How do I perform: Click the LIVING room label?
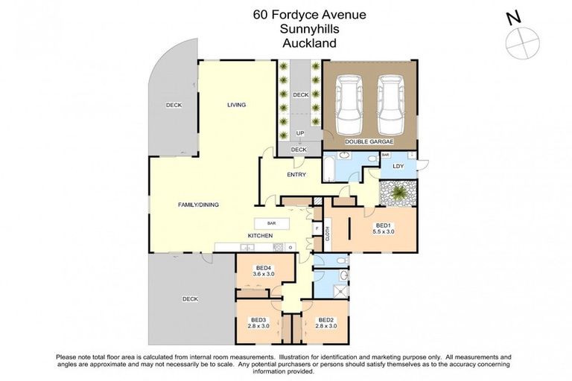[236, 105]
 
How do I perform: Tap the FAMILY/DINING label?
[197, 205]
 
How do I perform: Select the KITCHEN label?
[260, 236]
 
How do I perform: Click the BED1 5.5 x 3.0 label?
[384, 228]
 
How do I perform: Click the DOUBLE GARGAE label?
[368, 141]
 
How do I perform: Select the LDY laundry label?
[398, 166]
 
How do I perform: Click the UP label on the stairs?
[299, 133]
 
